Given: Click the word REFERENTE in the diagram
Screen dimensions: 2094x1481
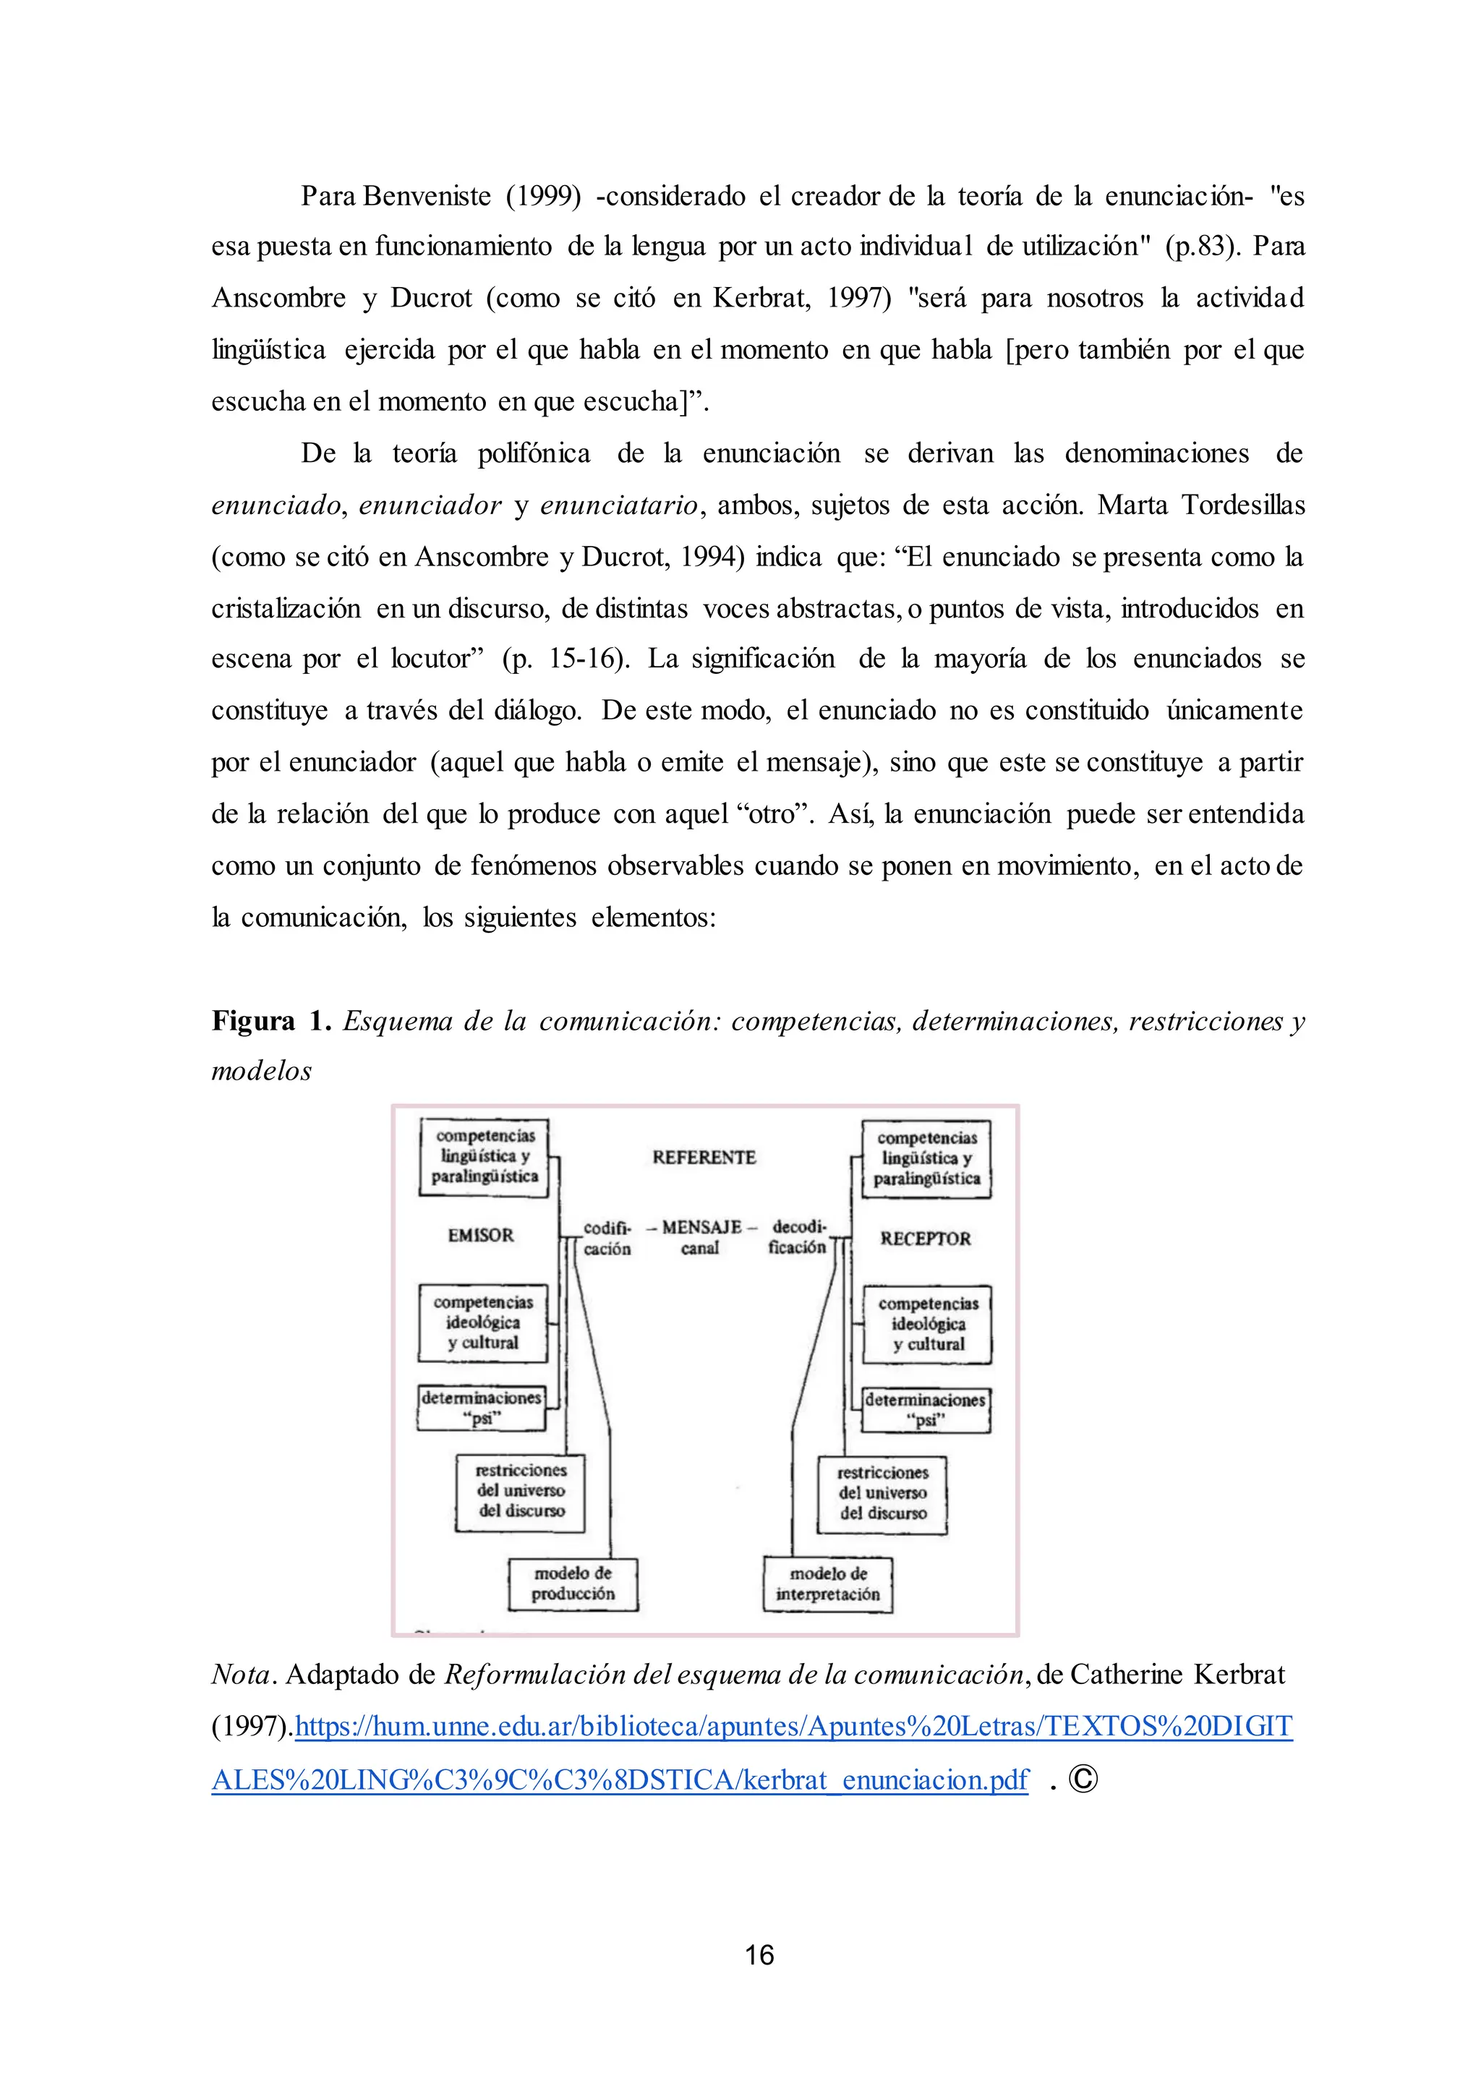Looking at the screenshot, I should [x=704, y=1158].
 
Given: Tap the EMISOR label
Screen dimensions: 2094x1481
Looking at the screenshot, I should [x=481, y=1235].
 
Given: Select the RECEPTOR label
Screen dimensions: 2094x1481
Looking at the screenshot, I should [x=925, y=1239].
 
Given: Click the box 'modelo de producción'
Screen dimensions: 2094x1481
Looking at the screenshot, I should [x=573, y=1584].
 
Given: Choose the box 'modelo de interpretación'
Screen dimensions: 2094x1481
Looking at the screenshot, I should [x=828, y=1584].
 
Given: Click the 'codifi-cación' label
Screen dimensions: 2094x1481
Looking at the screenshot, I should [x=607, y=1239].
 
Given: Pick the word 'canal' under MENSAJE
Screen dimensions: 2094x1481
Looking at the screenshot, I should [x=699, y=1249].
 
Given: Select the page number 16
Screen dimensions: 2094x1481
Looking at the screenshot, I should [x=759, y=1954].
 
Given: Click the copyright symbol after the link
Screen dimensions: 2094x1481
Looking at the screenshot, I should [x=1083, y=1779].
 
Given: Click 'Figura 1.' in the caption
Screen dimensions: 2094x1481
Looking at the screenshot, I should [x=271, y=1020].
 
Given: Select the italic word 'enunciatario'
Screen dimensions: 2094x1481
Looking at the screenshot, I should [x=618, y=505].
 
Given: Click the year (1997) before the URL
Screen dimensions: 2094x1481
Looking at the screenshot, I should [x=251, y=1727].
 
